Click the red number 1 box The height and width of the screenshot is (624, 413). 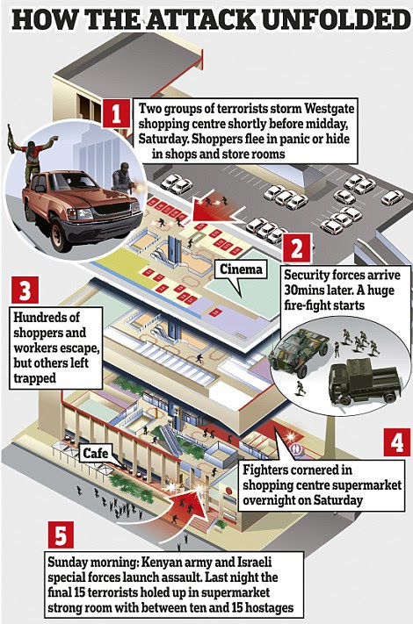point(116,113)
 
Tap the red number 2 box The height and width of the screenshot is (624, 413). point(297,247)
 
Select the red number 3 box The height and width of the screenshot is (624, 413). point(25,290)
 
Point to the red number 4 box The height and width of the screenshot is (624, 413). point(396,441)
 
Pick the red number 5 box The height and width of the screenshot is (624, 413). point(61,534)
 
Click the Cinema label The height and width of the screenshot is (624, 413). point(242,269)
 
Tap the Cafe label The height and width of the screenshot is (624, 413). point(95,453)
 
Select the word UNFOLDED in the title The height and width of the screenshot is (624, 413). point(337,19)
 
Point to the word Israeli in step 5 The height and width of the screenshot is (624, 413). point(255,563)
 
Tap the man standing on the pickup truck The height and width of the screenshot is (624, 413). point(33,154)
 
